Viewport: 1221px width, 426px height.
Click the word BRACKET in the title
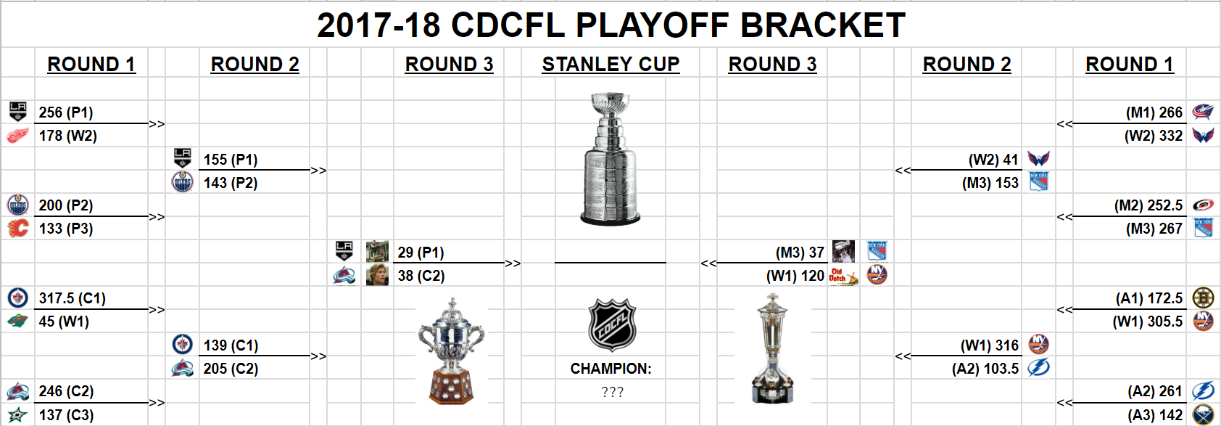pyautogui.click(x=822, y=25)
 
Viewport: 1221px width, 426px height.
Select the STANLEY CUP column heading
pyautogui.click(x=610, y=65)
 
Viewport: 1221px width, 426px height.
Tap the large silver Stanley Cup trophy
pyautogui.click(x=610, y=159)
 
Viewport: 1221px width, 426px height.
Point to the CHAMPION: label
pyautogui.click(x=610, y=369)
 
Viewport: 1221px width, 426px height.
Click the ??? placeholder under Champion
pyautogui.click(x=612, y=392)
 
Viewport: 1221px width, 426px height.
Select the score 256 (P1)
pyautogui.click(x=66, y=112)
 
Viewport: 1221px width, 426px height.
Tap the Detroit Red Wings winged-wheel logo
pyautogui.click(x=17, y=135)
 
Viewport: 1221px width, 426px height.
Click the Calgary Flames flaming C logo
pyautogui.click(x=17, y=228)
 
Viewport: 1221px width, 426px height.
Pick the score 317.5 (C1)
pyautogui.click(x=72, y=298)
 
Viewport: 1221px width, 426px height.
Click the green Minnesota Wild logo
pyautogui.click(x=17, y=321)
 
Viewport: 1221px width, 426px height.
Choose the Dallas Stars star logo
pyautogui.click(x=17, y=414)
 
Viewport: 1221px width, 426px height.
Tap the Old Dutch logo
pyautogui.click(x=843, y=276)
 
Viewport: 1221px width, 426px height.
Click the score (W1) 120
pyautogui.click(x=795, y=276)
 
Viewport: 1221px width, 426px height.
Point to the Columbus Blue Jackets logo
pyautogui.click(x=1202, y=112)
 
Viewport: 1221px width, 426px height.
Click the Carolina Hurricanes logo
pyautogui.click(x=1202, y=205)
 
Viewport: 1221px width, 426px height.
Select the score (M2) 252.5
pyautogui.click(x=1148, y=205)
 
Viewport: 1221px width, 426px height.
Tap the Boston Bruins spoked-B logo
pyautogui.click(x=1203, y=298)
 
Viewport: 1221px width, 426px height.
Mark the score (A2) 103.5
pyautogui.click(x=985, y=369)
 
